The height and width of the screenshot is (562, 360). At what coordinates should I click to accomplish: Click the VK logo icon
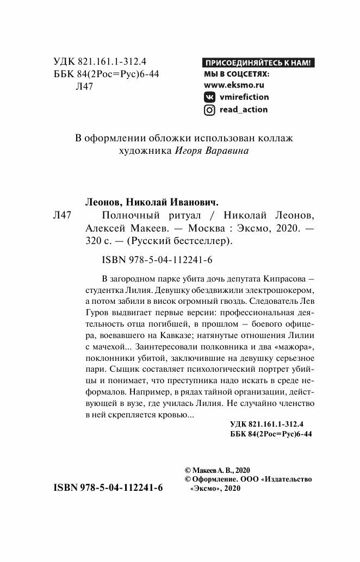(x=209, y=97)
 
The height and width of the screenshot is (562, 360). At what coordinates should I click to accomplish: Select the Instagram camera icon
(x=209, y=110)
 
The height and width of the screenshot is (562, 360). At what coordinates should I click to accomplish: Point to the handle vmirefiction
(x=244, y=97)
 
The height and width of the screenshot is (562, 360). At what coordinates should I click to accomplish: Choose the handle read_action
(x=243, y=110)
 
